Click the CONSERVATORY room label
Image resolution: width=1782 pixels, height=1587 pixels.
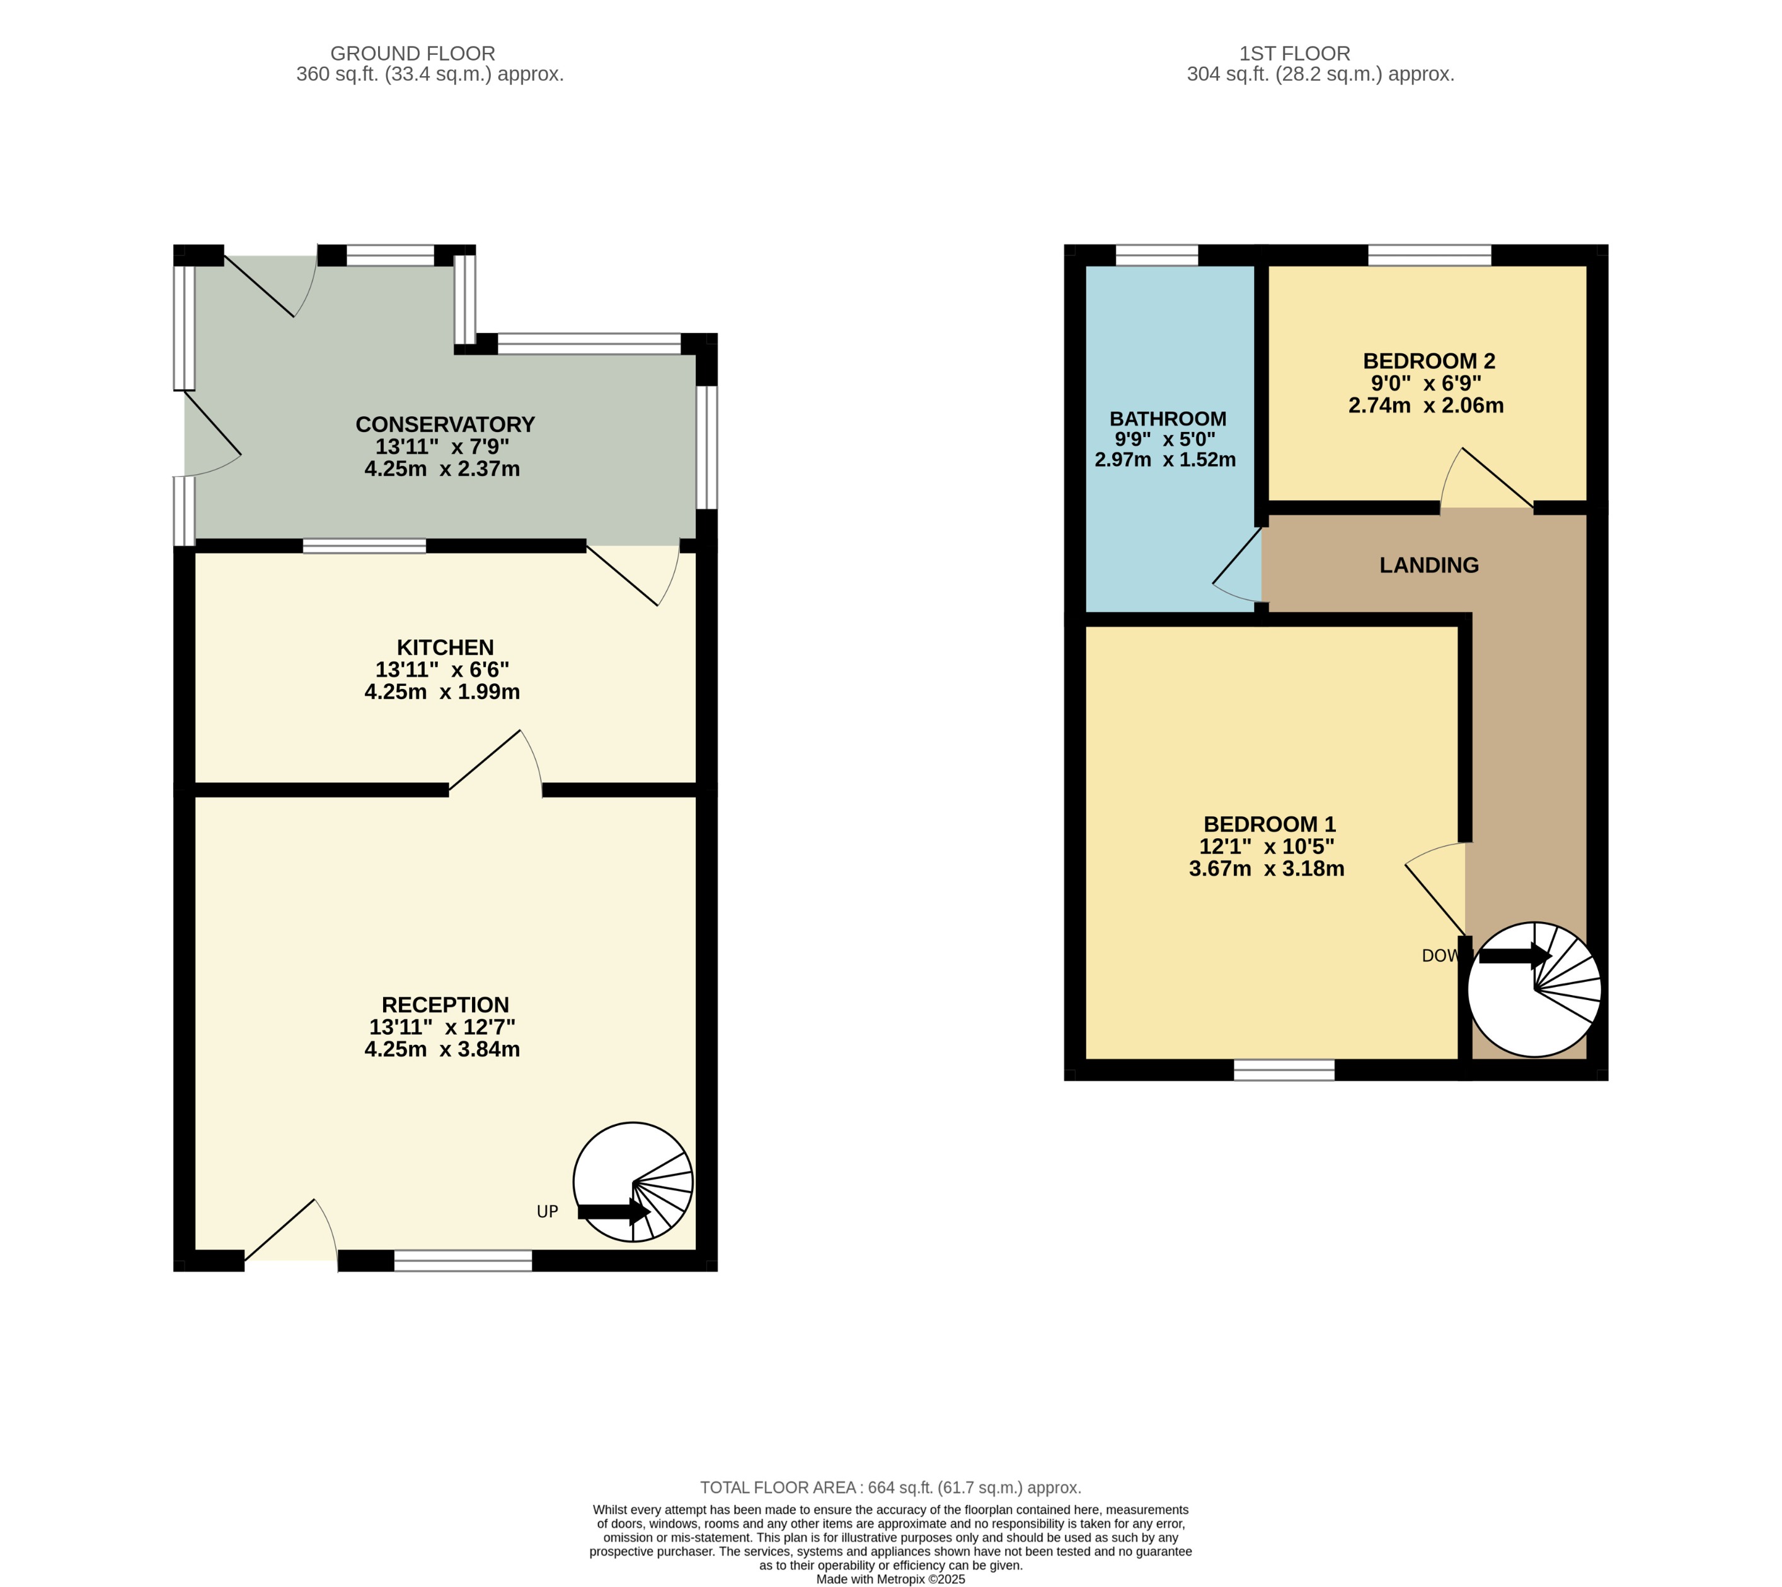(x=445, y=424)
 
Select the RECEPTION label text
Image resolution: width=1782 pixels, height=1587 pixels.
(x=445, y=1004)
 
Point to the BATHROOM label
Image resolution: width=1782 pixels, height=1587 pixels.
(x=1167, y=419)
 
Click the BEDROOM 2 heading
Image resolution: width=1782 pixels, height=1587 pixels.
(x=1428, y=361)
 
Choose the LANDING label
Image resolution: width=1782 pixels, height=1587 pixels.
(x=1428, y=565)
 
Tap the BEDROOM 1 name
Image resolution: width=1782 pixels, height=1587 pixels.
(x=1269, y=824)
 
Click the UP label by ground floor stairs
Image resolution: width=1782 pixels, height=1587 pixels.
(x=547, y=1211)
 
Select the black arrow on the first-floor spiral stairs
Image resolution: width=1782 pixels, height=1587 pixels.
(x=1514, y=956)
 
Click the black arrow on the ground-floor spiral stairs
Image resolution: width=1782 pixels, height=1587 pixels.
(x=613, y=1211)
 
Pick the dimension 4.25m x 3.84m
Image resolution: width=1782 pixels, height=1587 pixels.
(x=442, y=1049)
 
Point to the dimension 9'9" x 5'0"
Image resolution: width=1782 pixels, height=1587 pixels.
(x=1164, y=440)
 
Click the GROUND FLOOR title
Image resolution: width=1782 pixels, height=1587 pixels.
(x=413, y=53)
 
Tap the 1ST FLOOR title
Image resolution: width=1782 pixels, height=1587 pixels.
(x=1294, y=53)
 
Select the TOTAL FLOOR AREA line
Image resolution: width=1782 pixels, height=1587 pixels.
(x=890, y=1487)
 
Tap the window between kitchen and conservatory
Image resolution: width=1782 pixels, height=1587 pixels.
(x=365, y=546)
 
